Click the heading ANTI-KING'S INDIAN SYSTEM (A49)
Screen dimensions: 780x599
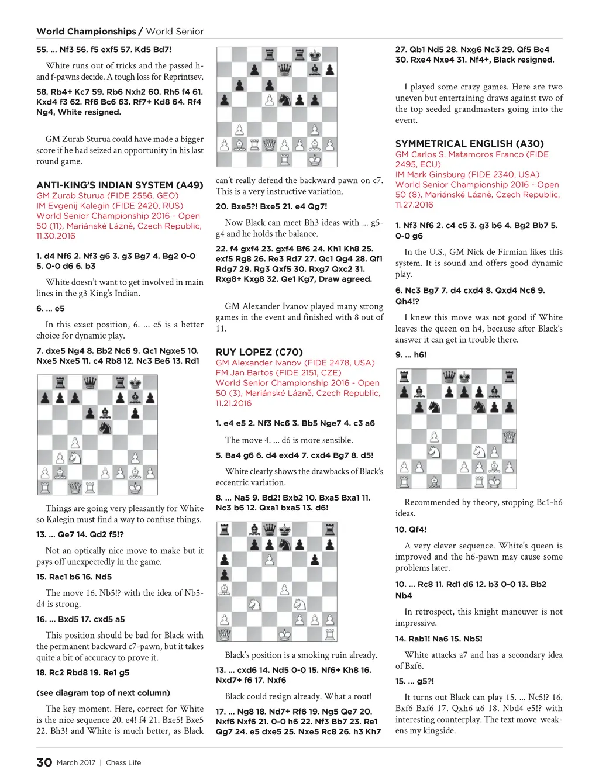[119, 185]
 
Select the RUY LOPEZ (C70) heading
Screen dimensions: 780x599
[259, 352]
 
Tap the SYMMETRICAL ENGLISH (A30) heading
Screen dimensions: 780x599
[469, 144]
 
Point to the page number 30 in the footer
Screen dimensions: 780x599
[44, 762]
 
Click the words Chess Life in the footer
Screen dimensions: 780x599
[123, 762]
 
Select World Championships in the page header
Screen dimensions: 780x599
[86, 32]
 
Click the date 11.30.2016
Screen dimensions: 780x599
[56, 236]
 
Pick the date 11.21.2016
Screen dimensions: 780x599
[234, 403]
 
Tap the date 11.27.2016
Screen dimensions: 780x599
[414, 205]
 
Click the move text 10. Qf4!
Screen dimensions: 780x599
[411, 530]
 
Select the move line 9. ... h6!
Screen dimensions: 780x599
[411, 355]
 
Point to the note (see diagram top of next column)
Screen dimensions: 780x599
[103, 693]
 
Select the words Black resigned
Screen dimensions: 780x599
[524, 60]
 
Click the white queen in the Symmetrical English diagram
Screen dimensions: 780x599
[509, 436]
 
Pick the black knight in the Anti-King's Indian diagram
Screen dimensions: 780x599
[105, 428]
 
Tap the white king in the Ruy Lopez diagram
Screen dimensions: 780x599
[284, 634]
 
